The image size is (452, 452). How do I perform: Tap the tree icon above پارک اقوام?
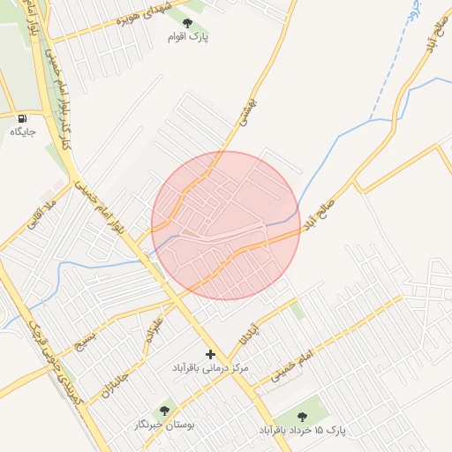(186, 21)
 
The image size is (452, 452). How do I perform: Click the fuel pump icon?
(22, 117)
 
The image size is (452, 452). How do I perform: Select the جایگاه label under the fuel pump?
(22, 132)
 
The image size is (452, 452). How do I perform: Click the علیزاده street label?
(155, 328)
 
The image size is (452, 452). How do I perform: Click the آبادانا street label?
(250, 330)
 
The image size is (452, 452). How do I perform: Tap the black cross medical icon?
(210, 353)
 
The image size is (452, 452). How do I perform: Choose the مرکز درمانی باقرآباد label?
(210, 366)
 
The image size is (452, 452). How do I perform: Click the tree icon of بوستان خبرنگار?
(162, 411)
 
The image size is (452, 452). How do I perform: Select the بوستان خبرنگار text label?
(163, 426)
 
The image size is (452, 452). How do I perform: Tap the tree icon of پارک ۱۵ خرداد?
(303, 414)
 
